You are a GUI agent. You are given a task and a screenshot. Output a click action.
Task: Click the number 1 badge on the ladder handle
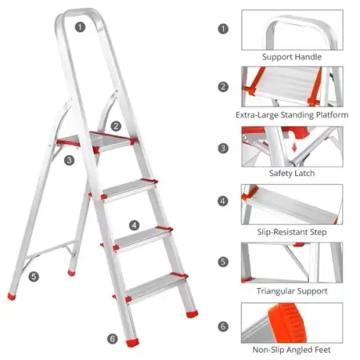coord(80,27)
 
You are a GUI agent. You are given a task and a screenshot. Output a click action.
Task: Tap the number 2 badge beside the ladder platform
coord(116,126)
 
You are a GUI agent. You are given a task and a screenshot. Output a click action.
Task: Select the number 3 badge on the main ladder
coord(70,160)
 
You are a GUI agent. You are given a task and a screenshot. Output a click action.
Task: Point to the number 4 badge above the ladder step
coord(134,226)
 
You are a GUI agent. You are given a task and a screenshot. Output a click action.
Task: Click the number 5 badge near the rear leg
coord(34,276)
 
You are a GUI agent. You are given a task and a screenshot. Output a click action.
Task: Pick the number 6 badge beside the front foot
coord(113,338)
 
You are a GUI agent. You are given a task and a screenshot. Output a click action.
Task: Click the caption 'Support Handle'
coord(292,57)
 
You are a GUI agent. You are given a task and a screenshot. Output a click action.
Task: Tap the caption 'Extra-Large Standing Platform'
coord(292,115)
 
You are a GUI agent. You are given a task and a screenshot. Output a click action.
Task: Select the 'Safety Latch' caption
coord(292,174)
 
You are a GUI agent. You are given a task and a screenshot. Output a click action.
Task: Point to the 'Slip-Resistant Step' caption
coord(292,232)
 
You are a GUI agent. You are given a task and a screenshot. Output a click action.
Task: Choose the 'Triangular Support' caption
coord(292,291)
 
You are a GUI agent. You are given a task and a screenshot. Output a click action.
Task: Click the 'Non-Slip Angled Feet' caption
coord(292,350)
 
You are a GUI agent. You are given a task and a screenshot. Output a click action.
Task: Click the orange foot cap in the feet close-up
coord(287,322)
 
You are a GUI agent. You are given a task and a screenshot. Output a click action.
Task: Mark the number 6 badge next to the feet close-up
coord(223,326)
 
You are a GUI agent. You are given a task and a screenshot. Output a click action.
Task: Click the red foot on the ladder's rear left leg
coord(11,296)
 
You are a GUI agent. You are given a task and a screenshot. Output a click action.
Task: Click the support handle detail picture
coord(292,30)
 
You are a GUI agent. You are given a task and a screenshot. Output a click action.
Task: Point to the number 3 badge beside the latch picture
coord(223,148)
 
